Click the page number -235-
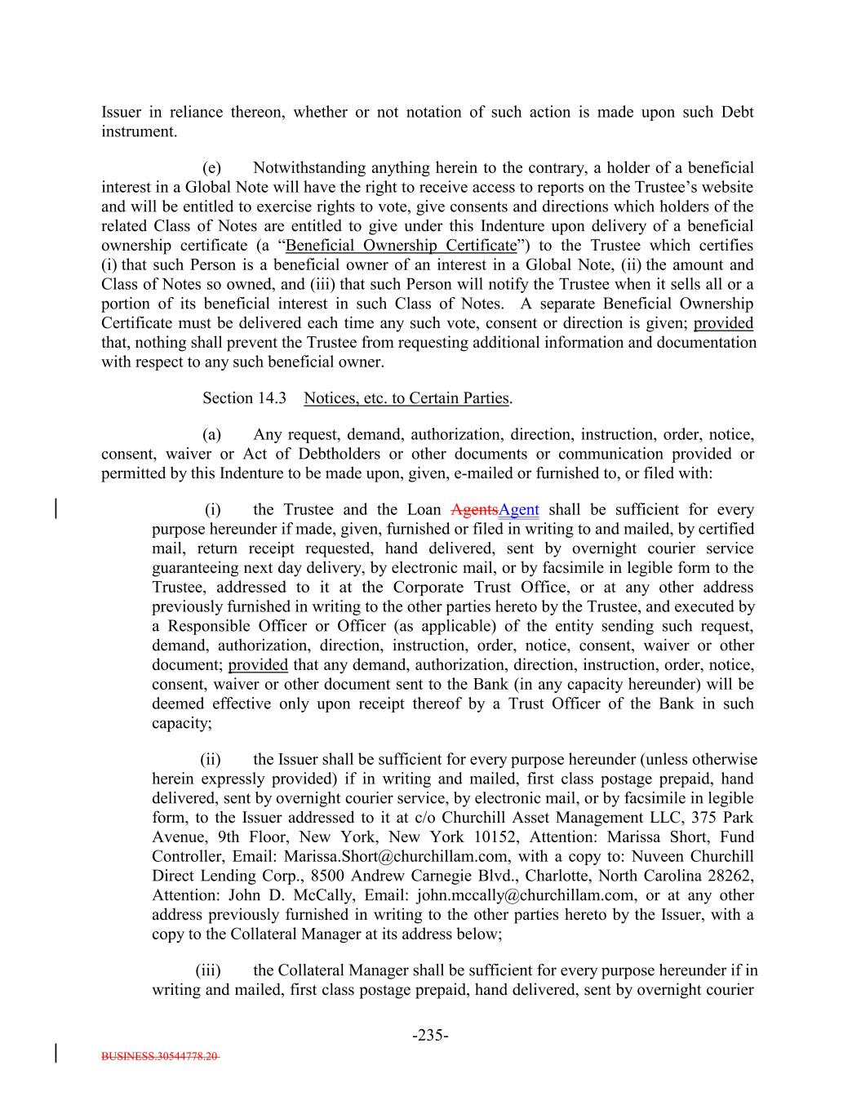[x=430, y=1036]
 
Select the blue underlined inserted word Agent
[x=518, y=510]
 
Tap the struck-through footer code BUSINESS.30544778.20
[x=160, y=1056]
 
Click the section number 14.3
[x=273, y=398]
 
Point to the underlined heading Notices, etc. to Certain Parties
[x=407, y=398]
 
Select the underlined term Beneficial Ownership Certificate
[x=402, y=246]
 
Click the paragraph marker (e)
[x=212, y=168]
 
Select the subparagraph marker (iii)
[x=208, y=970]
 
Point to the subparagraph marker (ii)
[x=211, y=760]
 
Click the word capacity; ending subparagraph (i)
[x=182, y=723]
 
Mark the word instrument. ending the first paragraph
[x=139, y=131]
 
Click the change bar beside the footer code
[x=55, y=1053]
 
